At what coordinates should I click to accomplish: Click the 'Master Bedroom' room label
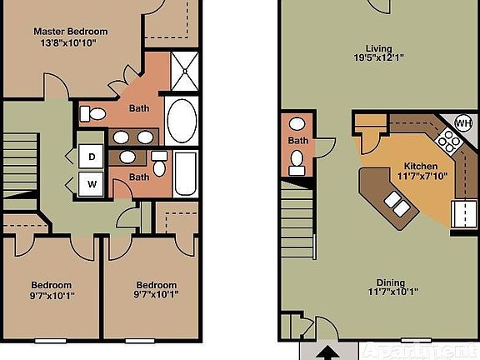(71, 32)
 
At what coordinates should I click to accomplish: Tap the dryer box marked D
(92, 155)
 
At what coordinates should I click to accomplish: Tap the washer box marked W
(92, 182)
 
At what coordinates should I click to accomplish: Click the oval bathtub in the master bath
(181, 122)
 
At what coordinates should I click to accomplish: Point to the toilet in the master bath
(94, 113)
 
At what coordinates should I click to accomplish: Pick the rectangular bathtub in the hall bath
(185, 172)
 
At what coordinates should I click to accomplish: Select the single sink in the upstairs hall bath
(129, 156)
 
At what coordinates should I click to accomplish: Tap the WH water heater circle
(462, 123)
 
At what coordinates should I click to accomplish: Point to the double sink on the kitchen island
(396, 203)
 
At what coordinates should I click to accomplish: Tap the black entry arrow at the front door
(327, 352)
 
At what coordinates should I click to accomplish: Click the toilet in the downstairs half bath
(297, 164)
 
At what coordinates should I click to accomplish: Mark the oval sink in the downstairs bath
(297, 127)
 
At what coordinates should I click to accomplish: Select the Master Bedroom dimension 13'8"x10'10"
(71, 43)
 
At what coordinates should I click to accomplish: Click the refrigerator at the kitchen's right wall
(462, 215)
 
